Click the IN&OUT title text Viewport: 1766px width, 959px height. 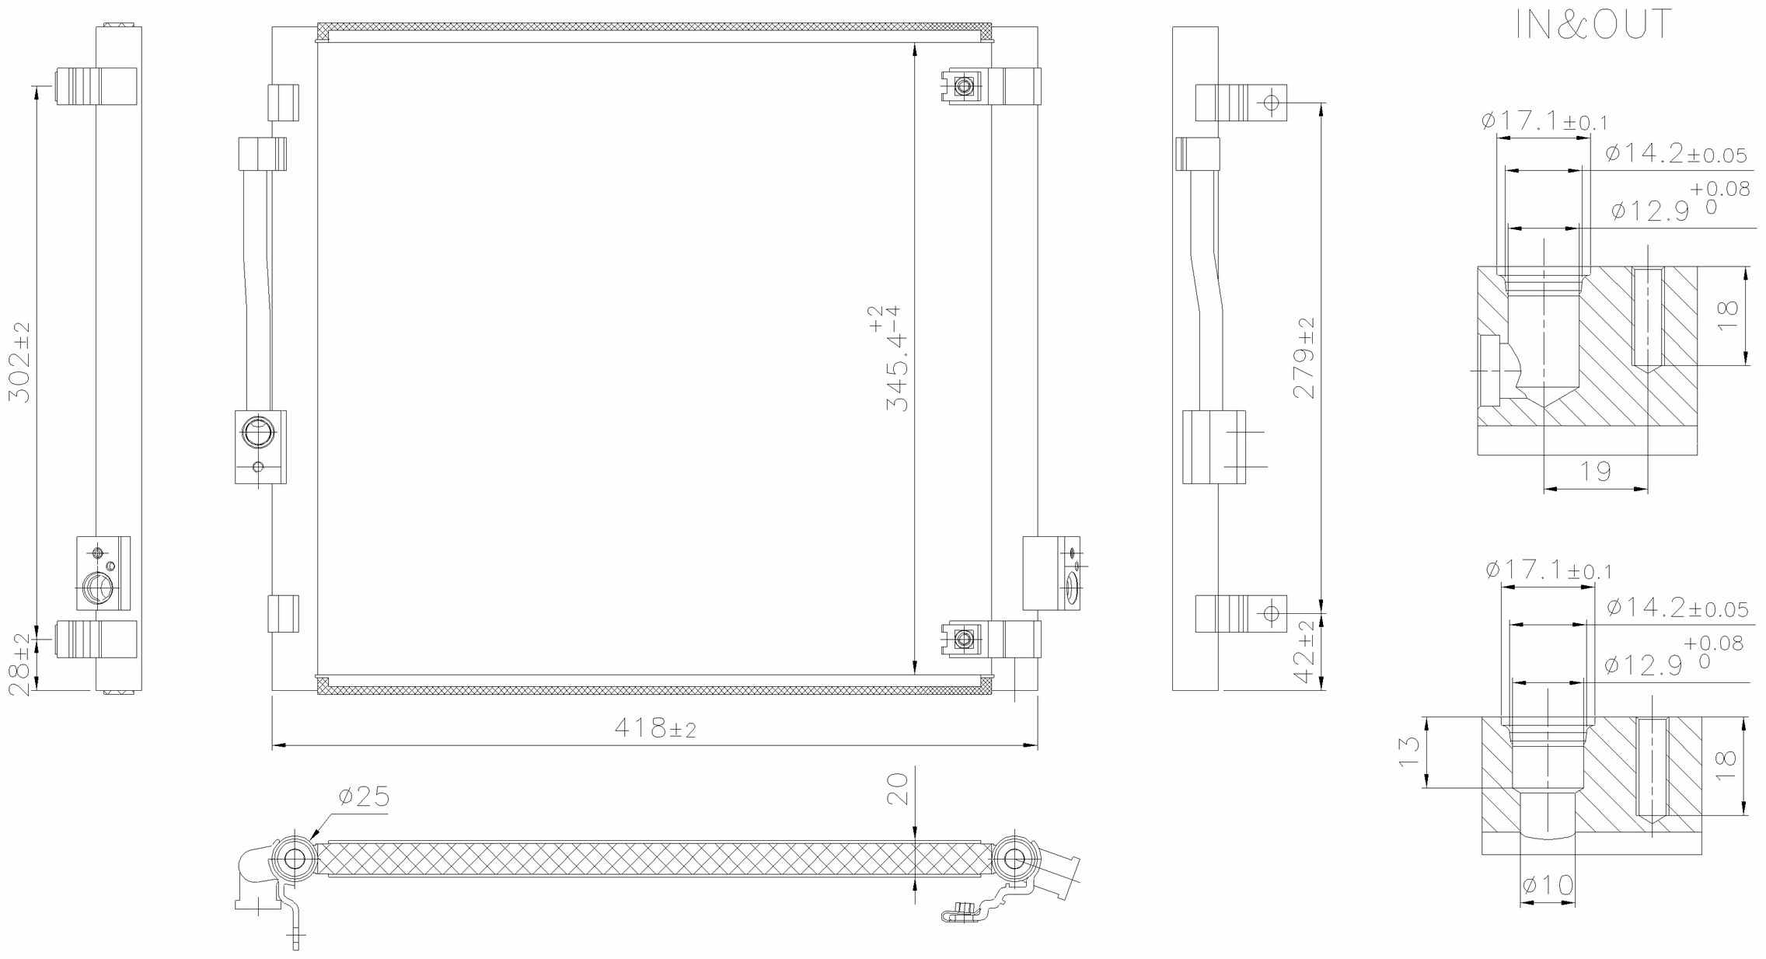(1593, 26)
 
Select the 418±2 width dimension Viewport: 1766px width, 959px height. (655, 728)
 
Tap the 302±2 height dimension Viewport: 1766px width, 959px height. (20, 361)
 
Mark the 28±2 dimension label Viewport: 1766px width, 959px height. (20, 664)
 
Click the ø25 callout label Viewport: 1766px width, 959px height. (364, 797)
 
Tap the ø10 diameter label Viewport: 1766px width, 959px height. (1548, 884)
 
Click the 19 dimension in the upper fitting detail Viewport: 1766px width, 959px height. (1595, 471)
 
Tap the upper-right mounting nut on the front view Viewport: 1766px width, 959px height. (964, 86)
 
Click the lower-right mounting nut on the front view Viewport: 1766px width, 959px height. (964, 640)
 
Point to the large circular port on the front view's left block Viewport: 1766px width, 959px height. (257, 432)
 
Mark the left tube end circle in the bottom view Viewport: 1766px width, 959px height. (295, 859)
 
